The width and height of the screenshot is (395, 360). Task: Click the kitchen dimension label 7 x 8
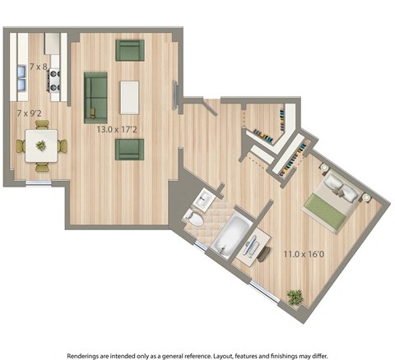(39, 66)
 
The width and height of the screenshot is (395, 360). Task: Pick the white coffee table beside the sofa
(130, 97)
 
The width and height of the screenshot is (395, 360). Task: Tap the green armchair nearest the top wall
(129, 50)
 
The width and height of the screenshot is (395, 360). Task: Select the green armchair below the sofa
(129, 149)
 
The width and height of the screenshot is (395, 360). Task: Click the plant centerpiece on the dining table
(41, 146)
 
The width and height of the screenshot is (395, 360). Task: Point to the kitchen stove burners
(55, 81)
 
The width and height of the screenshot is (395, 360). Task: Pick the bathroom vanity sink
(204, 199)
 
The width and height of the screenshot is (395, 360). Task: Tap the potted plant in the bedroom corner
(295, 297)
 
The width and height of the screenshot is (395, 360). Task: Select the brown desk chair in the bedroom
(263, 254)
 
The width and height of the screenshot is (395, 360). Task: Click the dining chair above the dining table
(41, 125)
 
